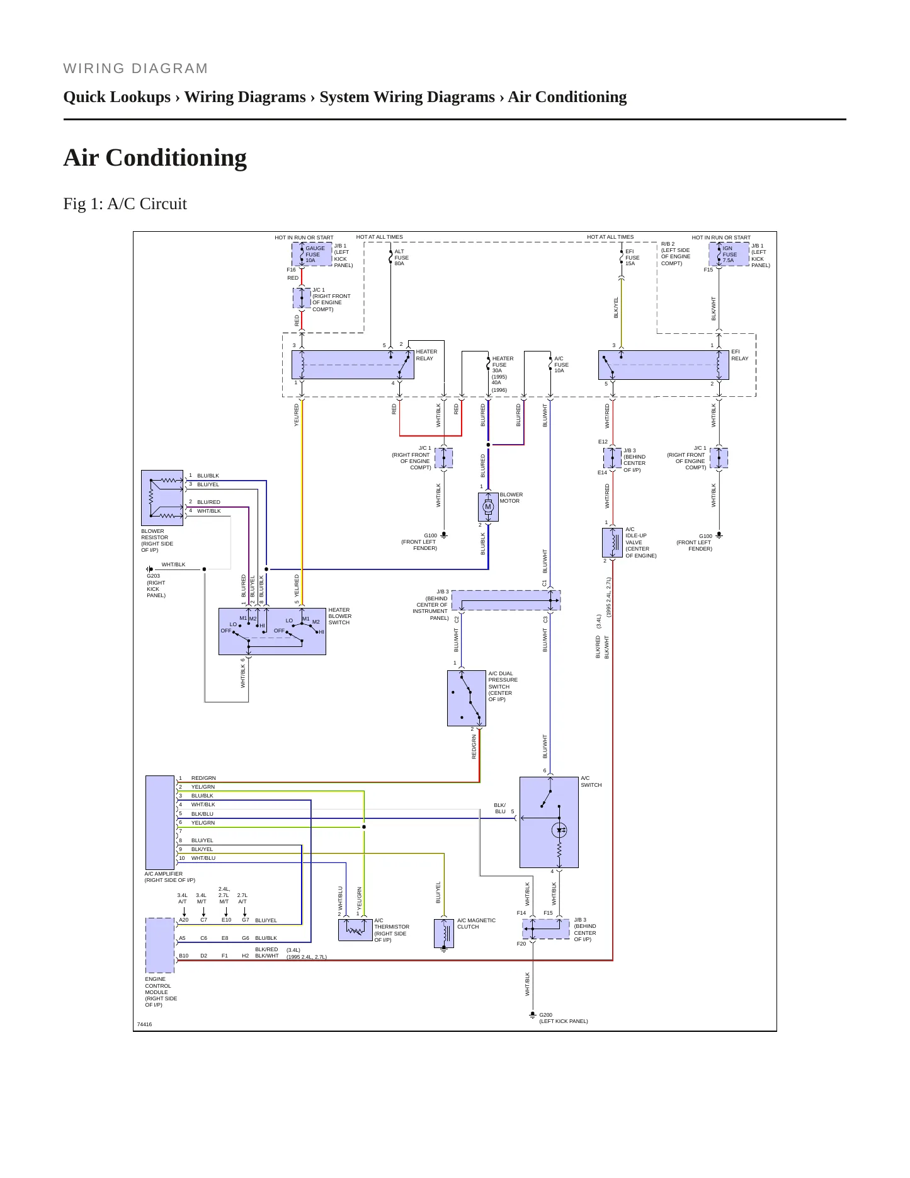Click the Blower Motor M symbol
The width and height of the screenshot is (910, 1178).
[488, 507]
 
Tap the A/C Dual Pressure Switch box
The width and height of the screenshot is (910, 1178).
[467, 698]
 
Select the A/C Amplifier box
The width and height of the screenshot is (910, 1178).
[160, 823]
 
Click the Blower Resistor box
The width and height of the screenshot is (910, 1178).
[162, 498]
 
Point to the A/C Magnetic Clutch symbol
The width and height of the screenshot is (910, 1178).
[444, 934]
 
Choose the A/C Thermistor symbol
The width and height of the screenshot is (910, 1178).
[355, 930]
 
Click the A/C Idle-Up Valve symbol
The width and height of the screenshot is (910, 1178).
[613, 542]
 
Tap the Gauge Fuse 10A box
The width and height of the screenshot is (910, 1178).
[312, 254]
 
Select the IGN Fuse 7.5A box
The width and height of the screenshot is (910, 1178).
[729, 254]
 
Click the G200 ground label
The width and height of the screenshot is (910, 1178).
[564, 1018]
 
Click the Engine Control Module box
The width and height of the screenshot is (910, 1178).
[160, 946]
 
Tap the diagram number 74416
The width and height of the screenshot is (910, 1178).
[144, 1024]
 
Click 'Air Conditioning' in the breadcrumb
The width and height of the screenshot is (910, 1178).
[567, 97]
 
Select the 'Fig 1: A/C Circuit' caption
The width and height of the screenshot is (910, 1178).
[125, 203]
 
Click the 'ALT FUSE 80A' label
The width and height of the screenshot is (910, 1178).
[402, 258]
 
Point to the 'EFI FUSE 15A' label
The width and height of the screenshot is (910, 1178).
[632, 258]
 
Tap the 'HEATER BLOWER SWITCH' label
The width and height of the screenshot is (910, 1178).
[340, 616]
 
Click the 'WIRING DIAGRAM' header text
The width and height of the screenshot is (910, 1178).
[136, 69]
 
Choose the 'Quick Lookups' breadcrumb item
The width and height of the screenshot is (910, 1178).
[117, 97]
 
